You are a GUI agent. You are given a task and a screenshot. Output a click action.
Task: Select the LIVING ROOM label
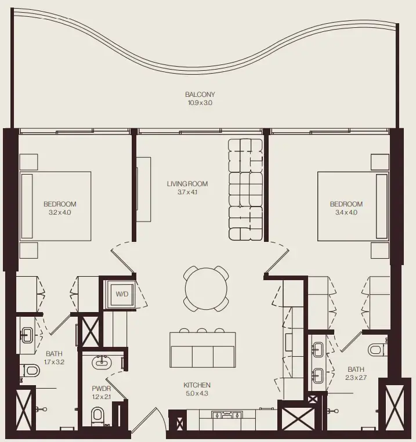(x=187, y=184)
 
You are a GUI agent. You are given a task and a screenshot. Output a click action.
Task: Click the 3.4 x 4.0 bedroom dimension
(x=346, y=213)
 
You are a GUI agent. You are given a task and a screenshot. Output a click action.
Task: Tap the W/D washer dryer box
(x=122, y=294)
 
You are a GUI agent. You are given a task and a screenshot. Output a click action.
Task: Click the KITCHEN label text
(x=197, y=385)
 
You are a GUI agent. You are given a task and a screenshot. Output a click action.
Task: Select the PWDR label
(x=101, y=389)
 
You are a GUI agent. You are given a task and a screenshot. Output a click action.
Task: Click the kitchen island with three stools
(x=202, y=350)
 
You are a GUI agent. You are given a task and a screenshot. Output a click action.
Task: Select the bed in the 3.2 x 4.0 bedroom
(x=56, y=205)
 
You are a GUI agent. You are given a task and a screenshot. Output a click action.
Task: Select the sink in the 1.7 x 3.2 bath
(x=27, y=334)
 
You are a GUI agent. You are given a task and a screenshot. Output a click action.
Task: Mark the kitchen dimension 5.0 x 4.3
(x=197, y=394)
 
